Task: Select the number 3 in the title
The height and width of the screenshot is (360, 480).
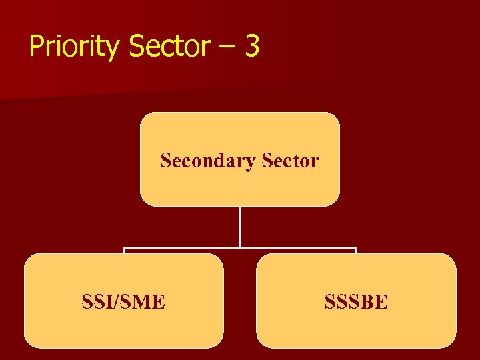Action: click(x=251, y=47)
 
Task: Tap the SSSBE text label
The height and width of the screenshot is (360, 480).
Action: click(x=356, y=303)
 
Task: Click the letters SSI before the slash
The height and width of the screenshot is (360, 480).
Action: click(x=96, y=303)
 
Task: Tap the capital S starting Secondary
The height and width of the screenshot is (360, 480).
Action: click(x=166, y=161)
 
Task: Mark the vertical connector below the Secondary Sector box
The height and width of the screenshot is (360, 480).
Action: click(x=240, y=227)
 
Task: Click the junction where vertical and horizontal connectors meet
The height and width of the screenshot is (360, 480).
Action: click(x=240, y=249)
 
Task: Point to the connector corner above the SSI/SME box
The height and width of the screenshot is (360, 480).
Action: click(x=124, y=249)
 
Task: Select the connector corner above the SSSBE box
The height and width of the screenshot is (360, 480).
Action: click(x=356, y=249)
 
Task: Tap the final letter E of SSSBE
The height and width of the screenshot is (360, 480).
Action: click(x=381, y=303)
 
